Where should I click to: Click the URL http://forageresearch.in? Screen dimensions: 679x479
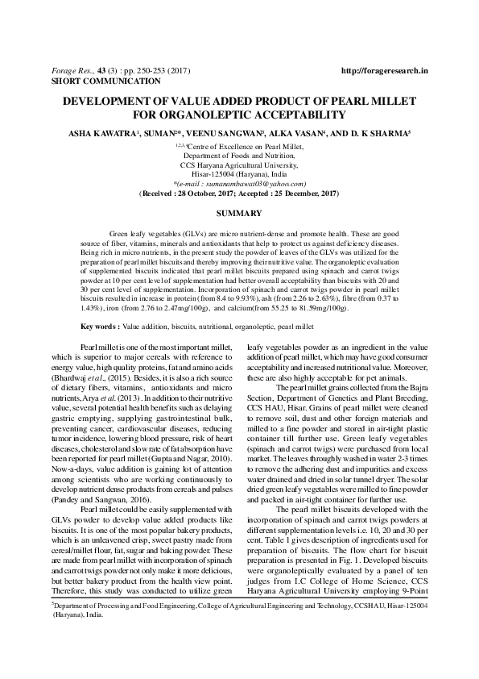tap(384, 71)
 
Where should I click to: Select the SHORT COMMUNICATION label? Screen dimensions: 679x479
tap(94, 81)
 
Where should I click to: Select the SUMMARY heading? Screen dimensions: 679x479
tap(239, 213)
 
